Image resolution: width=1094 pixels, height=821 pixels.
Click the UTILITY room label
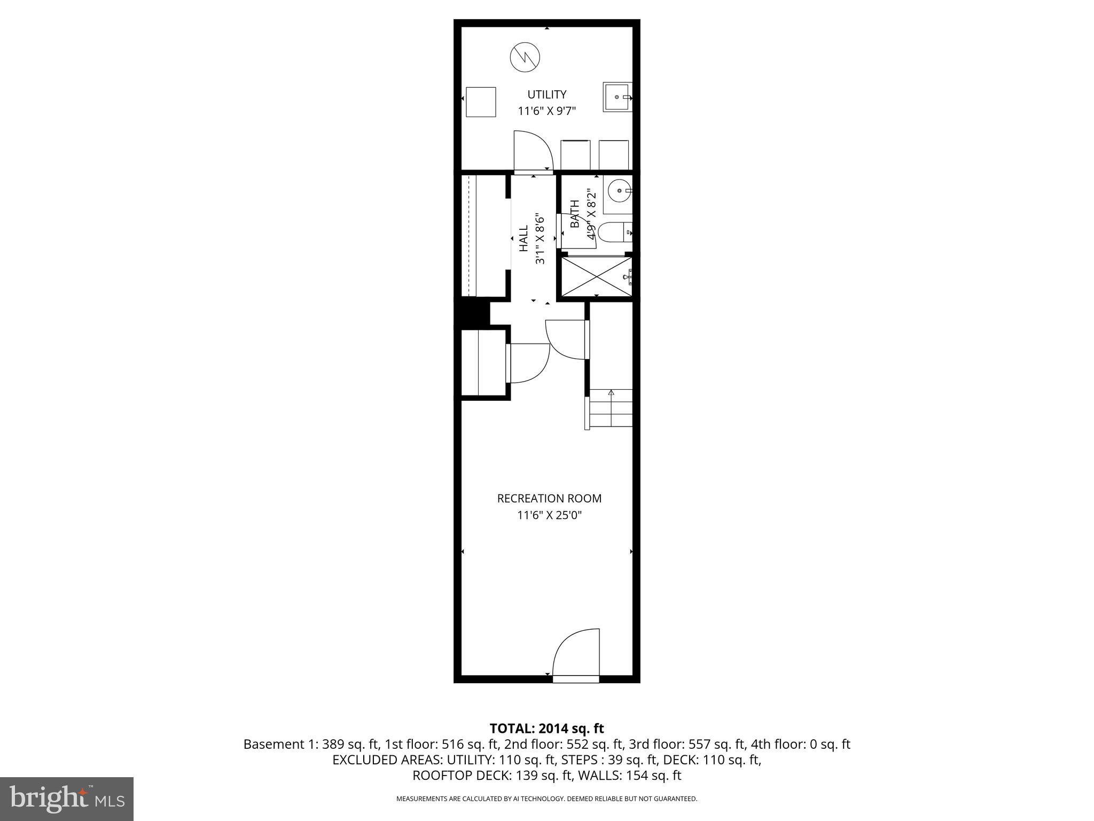click(x=546, y=95)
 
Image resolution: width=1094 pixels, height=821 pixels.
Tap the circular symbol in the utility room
click(x=525, y=57)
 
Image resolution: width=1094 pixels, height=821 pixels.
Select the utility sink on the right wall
click(x=618, y=97)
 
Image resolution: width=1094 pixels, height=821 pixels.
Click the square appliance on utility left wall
click(x=481, y=102)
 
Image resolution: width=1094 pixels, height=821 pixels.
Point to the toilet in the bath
click(x=614, y=233)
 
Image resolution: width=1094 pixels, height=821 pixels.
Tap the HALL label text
click(x=523, y=238)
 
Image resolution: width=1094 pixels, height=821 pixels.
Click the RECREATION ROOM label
click(x=549, y=499)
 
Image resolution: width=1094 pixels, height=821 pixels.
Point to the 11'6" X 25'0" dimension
click(x=549, y=516)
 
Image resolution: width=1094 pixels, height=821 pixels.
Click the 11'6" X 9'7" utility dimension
click(x=546, y=111)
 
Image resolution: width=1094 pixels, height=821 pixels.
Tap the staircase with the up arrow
click(x=611, y=408)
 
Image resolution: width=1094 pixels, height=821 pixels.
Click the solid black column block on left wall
click(x=472, y=313)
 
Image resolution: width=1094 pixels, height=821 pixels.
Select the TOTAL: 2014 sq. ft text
click(x=546, y=729)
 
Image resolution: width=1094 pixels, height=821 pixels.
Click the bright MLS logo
click(x=67, y=799)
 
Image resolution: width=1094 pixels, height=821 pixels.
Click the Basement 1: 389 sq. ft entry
click(x=311, y=744)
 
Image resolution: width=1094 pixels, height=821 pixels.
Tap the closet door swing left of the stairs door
click(x=529, y=363)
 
